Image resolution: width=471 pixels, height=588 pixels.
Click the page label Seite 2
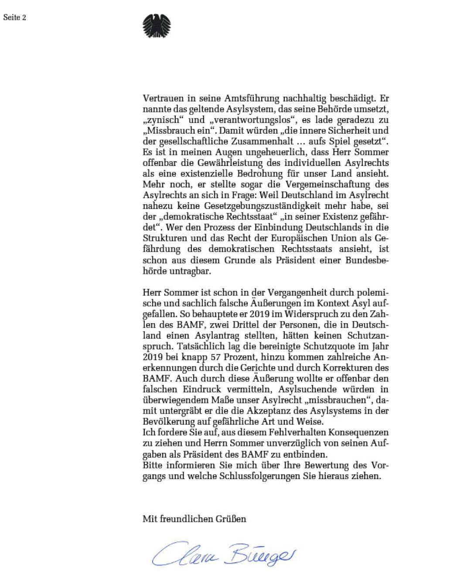(x=15, y=18)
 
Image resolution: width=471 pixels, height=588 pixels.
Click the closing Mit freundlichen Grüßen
(x=194, y=519)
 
